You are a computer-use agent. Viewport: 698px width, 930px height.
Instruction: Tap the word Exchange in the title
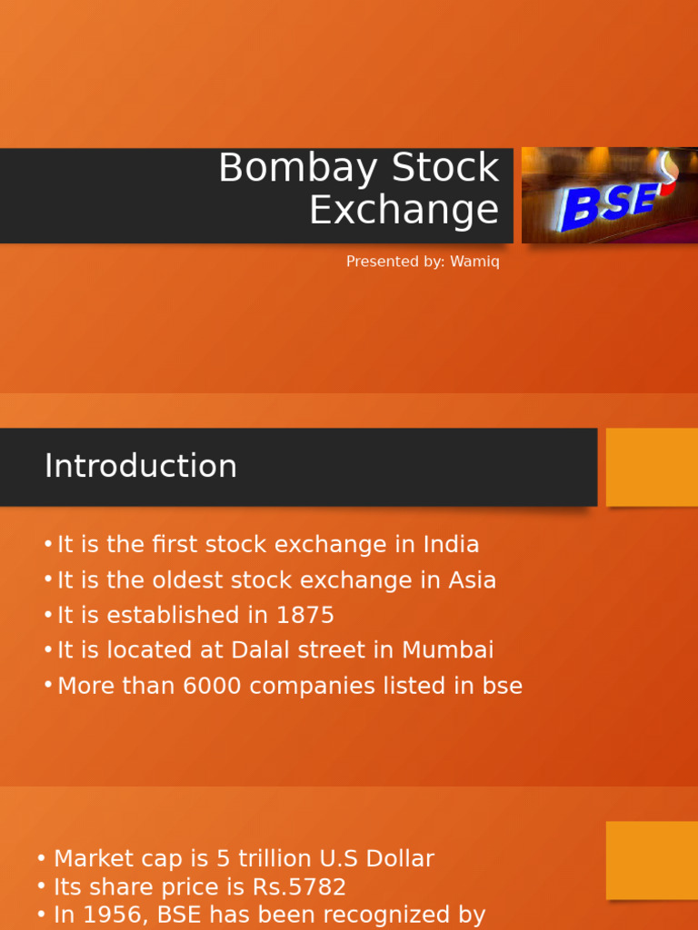tap(404, 211)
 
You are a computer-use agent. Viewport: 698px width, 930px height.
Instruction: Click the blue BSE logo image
tap(609, 195)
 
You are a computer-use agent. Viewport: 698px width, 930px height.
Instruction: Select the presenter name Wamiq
tap(474, 262)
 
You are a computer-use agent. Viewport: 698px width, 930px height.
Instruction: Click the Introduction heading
tap(141, 467)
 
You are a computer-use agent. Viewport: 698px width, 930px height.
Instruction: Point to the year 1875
tap(305, 616)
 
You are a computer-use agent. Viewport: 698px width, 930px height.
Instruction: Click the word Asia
tap(473, 580)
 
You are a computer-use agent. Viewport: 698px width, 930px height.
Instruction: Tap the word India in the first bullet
tap(451, 545)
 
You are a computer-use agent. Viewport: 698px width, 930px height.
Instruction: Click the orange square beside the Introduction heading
tap(652, 467)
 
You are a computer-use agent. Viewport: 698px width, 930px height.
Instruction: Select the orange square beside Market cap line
tap(652, 860)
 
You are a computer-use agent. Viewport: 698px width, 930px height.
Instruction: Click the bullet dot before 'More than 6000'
tap(48, 685)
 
